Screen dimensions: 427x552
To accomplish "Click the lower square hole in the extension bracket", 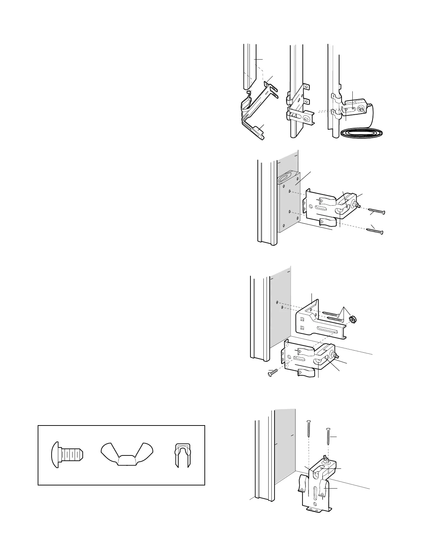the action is click(302, 328).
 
